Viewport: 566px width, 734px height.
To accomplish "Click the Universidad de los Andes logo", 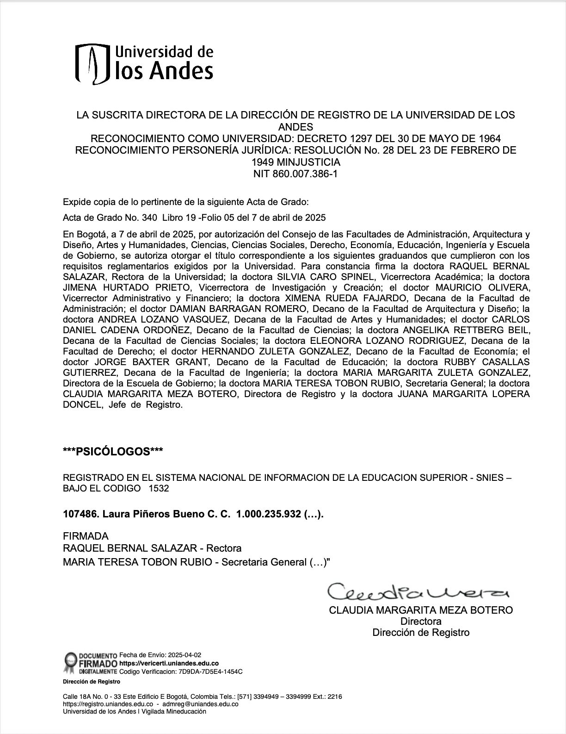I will click(144, 64).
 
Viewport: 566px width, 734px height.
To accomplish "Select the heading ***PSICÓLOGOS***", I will click(113, 451).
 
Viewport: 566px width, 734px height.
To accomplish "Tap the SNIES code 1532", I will click(159, 488).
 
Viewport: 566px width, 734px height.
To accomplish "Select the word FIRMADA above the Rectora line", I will click(86, 536).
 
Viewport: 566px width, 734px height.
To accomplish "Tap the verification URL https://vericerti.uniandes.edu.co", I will click(169, 663).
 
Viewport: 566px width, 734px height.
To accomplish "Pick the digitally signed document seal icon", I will click(70, 663).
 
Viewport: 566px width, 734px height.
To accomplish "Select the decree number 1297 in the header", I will click(361, 138).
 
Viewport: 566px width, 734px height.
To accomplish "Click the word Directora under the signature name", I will click(421, 621).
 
